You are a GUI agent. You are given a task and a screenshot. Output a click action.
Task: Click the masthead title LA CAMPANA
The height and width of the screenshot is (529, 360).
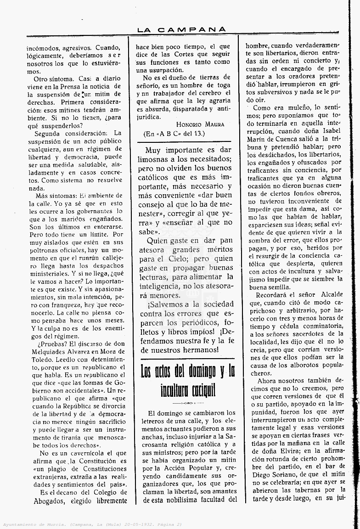coord(181,29)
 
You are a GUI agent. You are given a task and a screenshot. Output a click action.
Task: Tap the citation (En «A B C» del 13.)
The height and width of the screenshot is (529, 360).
coord(174,133)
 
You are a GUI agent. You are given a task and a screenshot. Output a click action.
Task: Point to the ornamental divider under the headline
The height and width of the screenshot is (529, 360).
coord(186,403)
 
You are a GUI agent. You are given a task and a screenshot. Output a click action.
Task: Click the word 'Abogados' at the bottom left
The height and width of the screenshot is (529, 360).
coord(50,501)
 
